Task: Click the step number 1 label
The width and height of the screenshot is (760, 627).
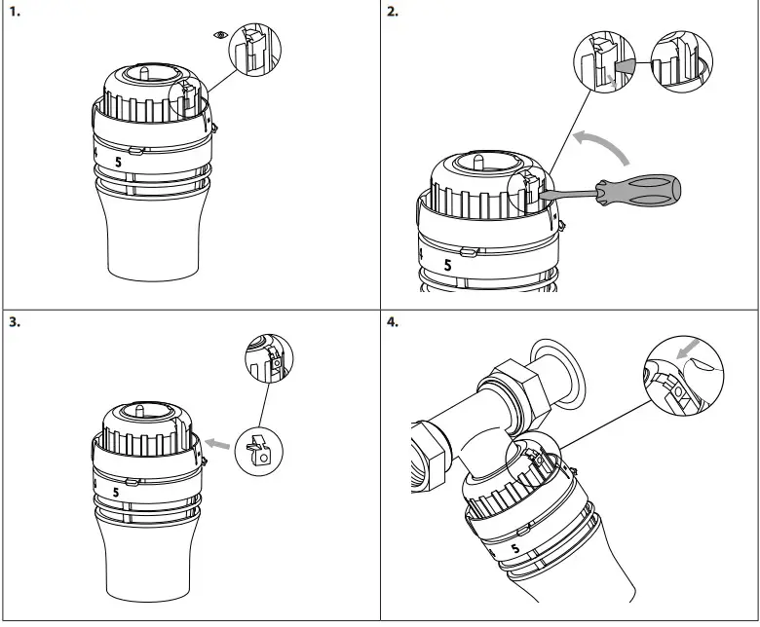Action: click(14, 13)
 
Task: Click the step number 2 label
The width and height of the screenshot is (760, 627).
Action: click(393, 13)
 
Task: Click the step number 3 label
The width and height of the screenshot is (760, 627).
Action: click(14, 322)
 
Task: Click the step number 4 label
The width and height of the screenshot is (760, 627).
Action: click(393, 322)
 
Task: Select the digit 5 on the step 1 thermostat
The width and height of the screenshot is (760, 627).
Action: click(119, 163)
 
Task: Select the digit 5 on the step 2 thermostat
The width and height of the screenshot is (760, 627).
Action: click(448, 265)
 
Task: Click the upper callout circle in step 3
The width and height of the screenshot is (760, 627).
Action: click(269, 359)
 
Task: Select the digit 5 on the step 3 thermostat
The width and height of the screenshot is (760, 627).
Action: click(117, 493)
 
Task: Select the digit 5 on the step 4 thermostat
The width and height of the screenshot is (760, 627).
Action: click(513, 550)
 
